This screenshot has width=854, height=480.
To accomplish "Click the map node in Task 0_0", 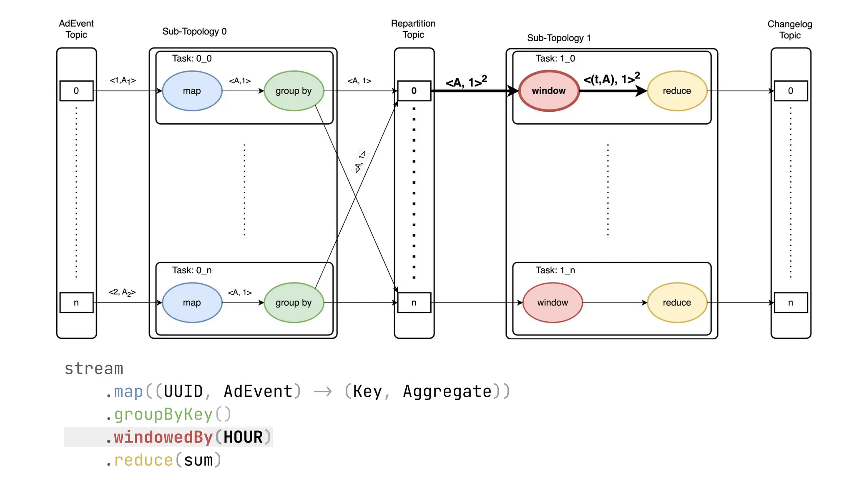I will click(192, 91).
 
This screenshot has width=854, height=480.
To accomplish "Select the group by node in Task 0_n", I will click(294, 303).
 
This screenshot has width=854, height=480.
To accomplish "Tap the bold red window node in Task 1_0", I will click(549, 91).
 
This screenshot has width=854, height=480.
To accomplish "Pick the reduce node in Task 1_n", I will click(677, 303).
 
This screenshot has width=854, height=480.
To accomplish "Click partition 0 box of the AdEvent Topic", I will click(76, 91).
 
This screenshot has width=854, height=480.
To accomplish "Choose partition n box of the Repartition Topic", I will click(414, 303).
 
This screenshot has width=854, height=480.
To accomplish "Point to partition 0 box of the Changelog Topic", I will click(791, 91).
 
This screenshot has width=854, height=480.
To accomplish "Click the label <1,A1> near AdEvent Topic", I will click(123, 80).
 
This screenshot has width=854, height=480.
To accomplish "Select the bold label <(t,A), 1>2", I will click(611, 79).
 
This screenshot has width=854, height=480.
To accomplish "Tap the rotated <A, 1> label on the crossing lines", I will click(360, 162).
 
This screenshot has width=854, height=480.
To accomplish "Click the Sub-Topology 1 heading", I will click(559, 38).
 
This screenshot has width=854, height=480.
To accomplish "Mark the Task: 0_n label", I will click(192, 270).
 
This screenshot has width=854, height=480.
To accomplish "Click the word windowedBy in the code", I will click(163, 437).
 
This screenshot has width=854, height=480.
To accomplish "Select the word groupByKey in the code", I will click(163, 414).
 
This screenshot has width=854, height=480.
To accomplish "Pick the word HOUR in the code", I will click(243, 437).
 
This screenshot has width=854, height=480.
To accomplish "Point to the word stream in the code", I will click(94, 369).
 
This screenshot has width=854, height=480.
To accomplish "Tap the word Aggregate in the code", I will click(447, 392).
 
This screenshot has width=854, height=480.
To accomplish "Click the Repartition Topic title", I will click(413, 29).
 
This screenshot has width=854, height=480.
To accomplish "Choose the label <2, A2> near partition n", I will click(122, 292).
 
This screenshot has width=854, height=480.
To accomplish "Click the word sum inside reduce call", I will click(198, 460).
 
